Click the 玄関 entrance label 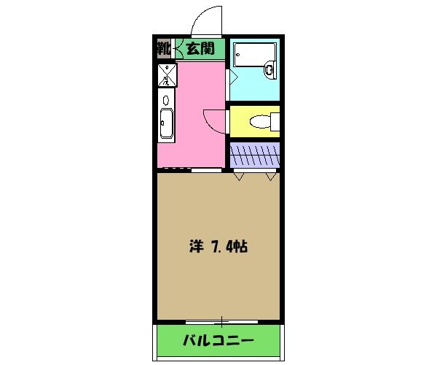click(199, 49)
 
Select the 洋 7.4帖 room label click(218, 247)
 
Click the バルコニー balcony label click(218, 340)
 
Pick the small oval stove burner click(166, 99)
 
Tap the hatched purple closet click(254, 155)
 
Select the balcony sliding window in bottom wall click(218, 320)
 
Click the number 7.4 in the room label click(223, 247)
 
